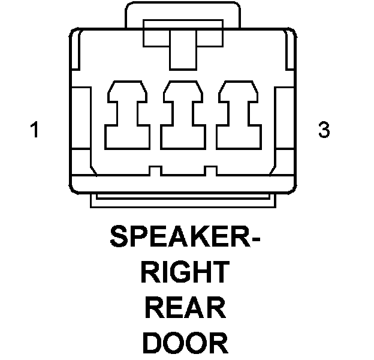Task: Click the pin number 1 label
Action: (x=36, y=130)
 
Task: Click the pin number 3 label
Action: (x=324, y=130)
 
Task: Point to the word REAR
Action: (x=186, y=308)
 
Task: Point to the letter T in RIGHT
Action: (x=219, y=273)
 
